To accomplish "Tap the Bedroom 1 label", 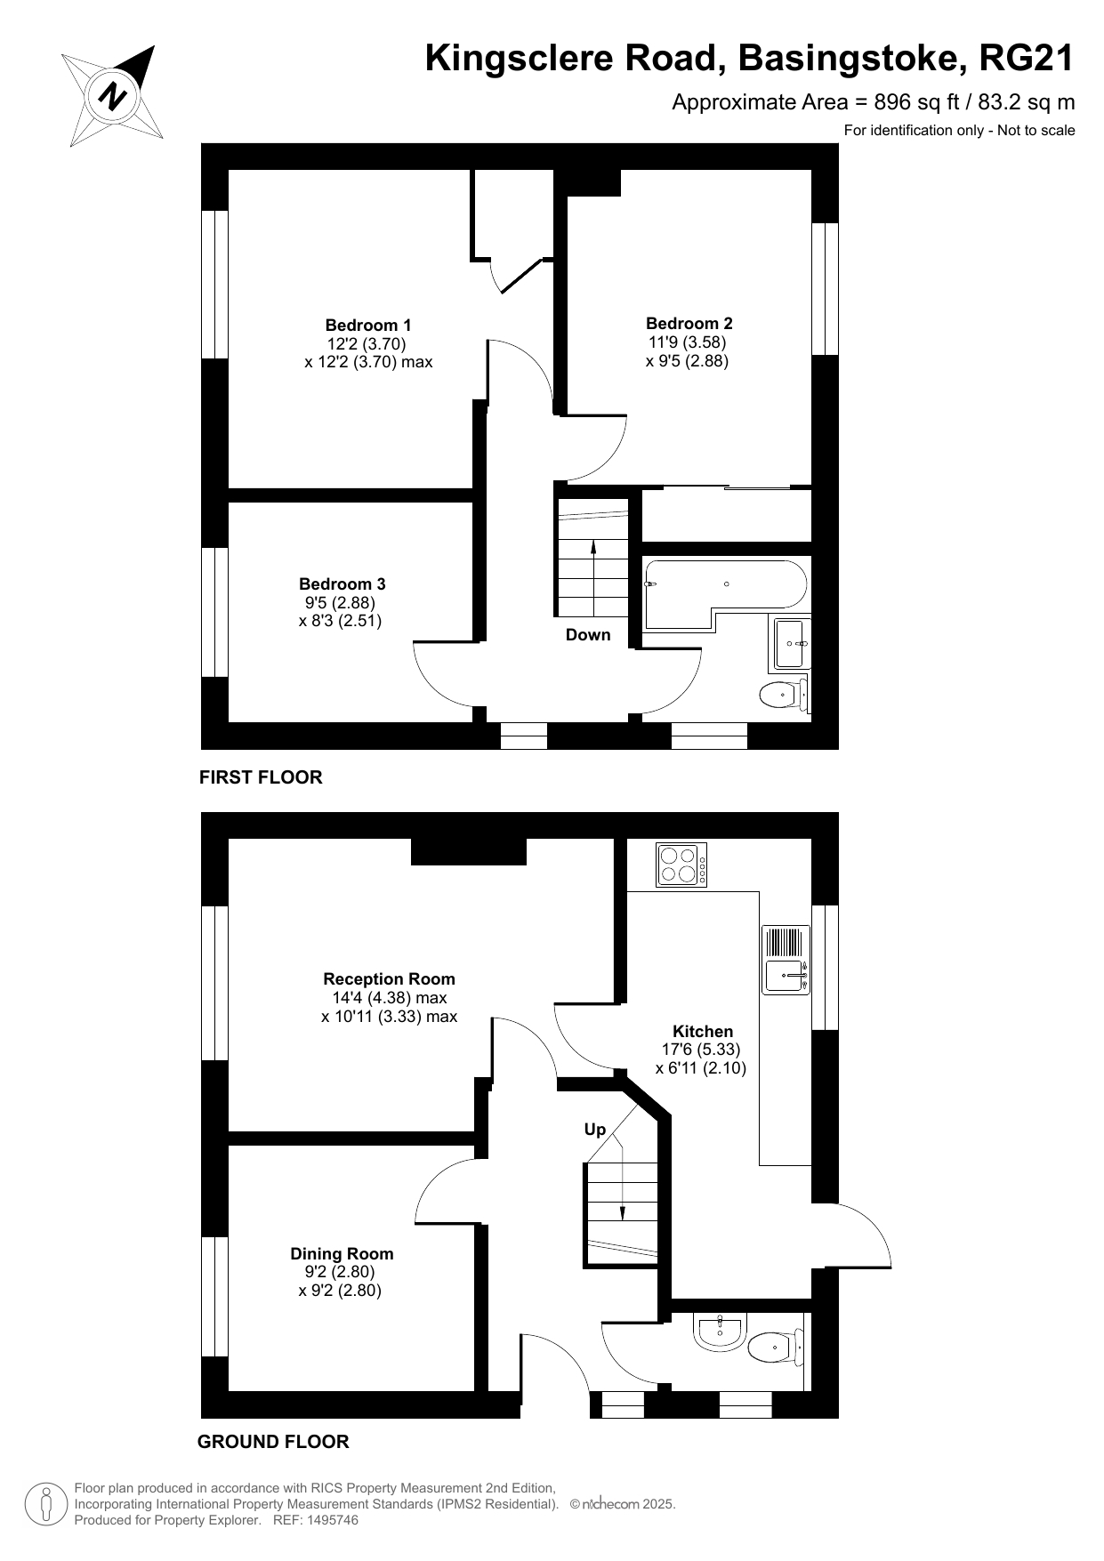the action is (368, 325).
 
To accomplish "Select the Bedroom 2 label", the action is (689, 323).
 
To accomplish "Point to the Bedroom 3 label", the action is (342, 583).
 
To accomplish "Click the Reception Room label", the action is (390, 978).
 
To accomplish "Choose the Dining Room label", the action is (342, 1253).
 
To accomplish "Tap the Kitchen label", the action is (703, 1031).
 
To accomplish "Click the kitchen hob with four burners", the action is (681, 864).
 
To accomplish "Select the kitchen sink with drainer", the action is (787, 960).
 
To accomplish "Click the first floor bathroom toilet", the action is (785, 694).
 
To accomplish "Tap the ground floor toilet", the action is (776, 1348).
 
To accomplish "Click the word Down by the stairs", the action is (588, 634).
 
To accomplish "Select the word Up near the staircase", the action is (595, 1130).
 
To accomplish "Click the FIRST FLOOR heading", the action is (261, 777).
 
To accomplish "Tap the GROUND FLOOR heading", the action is (273, 1442).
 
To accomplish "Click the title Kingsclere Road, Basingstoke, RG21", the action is (750, 59).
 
